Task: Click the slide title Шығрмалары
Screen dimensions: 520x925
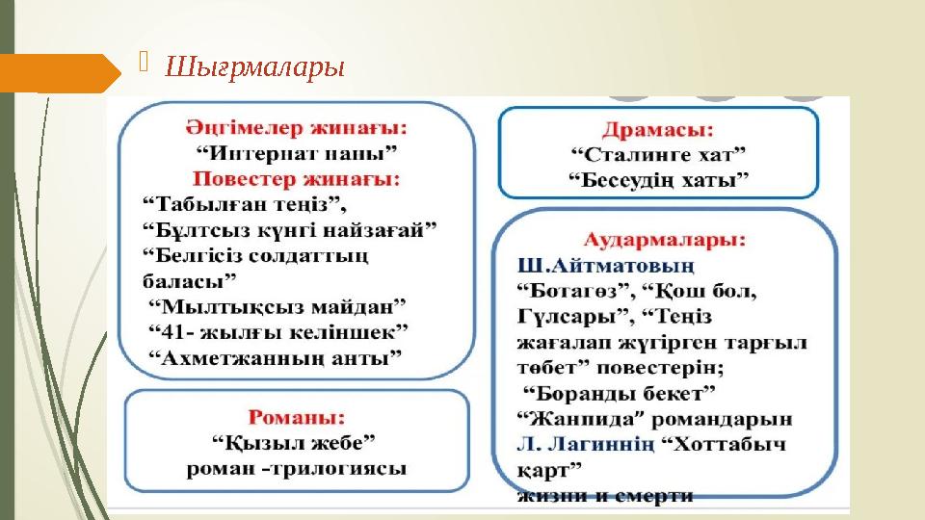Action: coord(255,69)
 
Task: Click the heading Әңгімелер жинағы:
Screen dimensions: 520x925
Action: coord(295,127)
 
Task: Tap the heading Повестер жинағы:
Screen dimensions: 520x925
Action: coord(296,178)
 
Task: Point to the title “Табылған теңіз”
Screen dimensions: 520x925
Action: coord(244,204)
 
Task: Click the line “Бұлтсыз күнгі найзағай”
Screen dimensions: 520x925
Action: coord(289,229)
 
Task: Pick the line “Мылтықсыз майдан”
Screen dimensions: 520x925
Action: coord(277,305)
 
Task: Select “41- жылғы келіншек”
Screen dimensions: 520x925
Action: coord(278,331)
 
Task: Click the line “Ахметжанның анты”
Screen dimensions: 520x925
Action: coord(276,357)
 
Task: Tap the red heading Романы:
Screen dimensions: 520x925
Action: coord(297,418)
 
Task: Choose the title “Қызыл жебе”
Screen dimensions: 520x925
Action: coord(293,443)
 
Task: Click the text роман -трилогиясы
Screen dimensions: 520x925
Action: coord(296,469)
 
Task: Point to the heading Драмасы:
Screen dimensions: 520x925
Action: coord(657,128)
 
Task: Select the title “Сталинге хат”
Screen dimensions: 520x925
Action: coord(658,153)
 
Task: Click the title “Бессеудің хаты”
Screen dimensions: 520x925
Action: coord(659,179)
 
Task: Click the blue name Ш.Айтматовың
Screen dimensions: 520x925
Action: coord(606,264)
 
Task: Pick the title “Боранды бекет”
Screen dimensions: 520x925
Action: coord(619,393)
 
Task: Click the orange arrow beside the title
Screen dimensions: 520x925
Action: coord(58,72)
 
